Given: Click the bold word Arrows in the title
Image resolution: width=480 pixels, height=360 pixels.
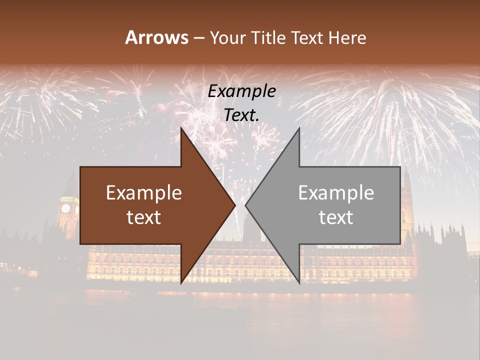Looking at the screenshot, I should [x=156, y=37].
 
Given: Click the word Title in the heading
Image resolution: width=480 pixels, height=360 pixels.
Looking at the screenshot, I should [x=268, y=37].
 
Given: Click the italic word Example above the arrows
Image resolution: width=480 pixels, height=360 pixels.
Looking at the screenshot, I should [x=241, y=91].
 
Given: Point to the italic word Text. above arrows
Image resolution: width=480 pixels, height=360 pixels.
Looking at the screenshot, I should [x=241, y=115].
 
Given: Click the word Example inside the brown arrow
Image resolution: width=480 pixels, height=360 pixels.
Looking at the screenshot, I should [x=144, y=193].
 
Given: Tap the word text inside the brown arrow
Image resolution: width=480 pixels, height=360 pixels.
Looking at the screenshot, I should [x=144, y=217].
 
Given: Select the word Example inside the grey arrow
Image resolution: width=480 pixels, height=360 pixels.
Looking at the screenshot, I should [x=336, y=193].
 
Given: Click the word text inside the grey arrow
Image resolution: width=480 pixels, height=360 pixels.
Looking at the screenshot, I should [x=336, y=217].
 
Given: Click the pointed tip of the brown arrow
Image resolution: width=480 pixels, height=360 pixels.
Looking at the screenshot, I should [x=235, y=205].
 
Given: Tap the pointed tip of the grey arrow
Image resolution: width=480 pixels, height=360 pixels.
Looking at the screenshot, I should [x=245, y=205].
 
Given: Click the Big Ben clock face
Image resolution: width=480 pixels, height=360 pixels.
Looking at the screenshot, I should [x=65, y=208].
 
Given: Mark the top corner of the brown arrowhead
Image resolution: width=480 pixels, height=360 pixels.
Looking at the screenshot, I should [x=181, y=128].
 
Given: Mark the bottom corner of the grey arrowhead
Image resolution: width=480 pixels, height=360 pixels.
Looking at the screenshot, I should [x=299, y=283].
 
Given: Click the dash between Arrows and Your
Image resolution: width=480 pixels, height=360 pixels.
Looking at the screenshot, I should [x=198, y=38].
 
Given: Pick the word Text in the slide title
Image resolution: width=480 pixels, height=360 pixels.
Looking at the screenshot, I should [x=307, y=37].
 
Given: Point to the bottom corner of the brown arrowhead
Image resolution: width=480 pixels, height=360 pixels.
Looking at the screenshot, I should [x=181, y=283].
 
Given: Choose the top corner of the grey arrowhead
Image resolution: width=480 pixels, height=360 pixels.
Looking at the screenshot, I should [x=299, y=128].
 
